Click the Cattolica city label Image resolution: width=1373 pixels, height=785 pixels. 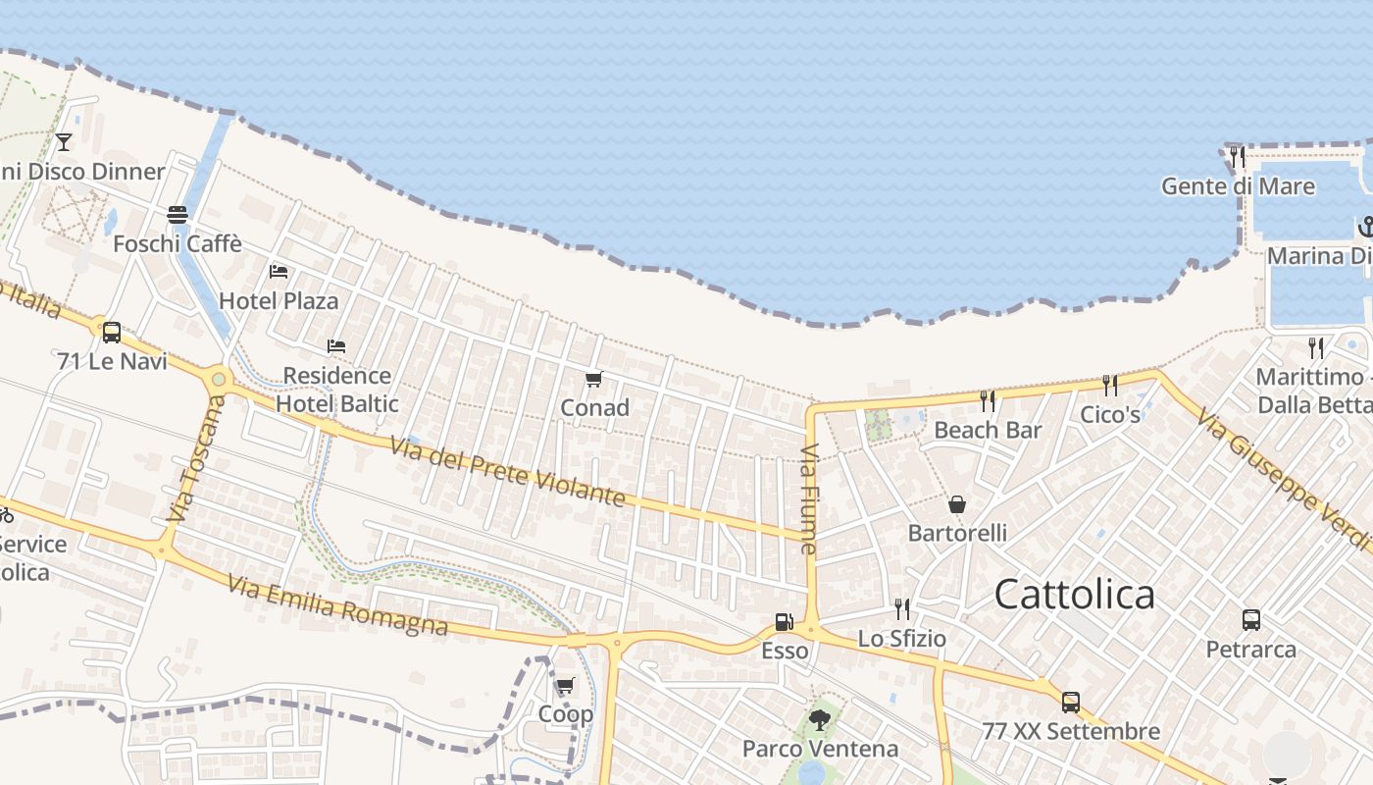(1074, 595)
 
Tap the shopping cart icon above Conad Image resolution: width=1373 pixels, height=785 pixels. (593, 380)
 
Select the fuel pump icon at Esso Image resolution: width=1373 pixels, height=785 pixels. (784, 621)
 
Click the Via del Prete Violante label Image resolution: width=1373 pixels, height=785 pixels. (507, 473)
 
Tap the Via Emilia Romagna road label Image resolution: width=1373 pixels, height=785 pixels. (337, 605)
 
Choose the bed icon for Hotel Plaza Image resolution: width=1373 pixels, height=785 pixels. (279, 271)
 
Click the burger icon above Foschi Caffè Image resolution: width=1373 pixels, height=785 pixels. (178, 214)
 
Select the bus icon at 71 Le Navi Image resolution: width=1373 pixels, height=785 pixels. (112, 332)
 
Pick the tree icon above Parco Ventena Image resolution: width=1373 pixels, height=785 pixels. (820, 721)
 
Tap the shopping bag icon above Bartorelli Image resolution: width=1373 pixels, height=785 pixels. (957, 504)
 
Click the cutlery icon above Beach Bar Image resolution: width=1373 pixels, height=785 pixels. (988, 400)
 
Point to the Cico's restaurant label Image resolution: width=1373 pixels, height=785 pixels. (1110, 414)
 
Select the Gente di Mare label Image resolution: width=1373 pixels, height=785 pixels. (1238, 185)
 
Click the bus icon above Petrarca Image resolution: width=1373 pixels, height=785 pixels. (1251, 620)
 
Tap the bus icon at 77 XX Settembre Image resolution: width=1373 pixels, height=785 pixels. (1071, 703)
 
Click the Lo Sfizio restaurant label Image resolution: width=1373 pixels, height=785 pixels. (902, 639)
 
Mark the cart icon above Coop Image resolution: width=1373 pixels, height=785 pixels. (565, 686)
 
